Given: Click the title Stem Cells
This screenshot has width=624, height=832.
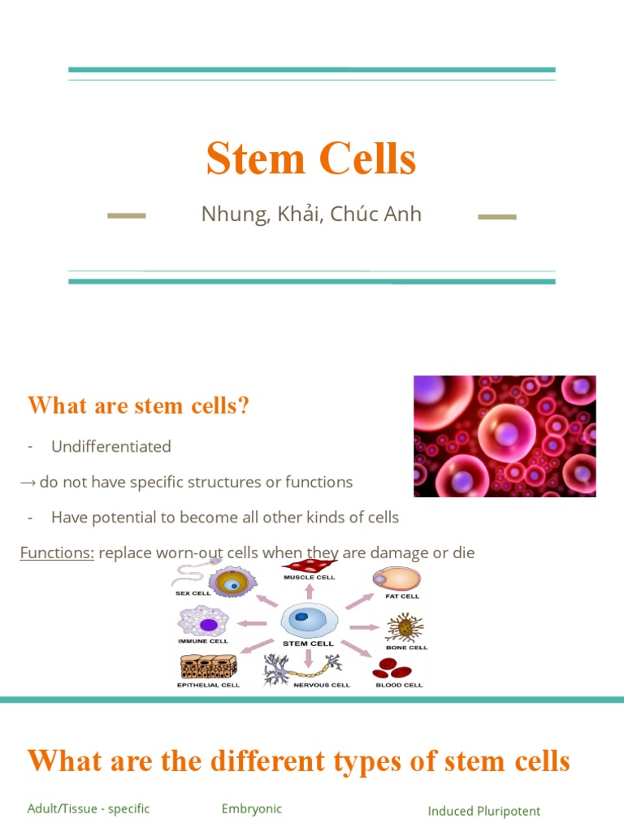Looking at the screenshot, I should coord(311,158).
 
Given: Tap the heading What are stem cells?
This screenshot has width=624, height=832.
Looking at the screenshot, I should coord(138,405).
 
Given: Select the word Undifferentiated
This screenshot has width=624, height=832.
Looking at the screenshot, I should coord(111,446).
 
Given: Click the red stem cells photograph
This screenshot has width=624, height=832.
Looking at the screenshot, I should coord(505,436).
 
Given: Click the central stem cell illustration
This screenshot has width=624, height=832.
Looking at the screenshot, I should coord(309,622).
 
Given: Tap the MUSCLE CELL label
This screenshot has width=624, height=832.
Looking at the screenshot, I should coord(309,578).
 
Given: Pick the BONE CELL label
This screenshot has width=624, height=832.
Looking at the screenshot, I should coord(406,648).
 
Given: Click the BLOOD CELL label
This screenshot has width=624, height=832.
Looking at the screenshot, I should coord(399,685).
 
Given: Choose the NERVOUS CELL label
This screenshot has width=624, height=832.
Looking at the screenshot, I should coord(322,685).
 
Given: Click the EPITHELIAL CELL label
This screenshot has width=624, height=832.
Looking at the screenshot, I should coord(208,685).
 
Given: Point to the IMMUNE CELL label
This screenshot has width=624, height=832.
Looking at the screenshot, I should coord(203,641).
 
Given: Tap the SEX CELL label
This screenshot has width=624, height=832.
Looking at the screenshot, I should coord(193,593).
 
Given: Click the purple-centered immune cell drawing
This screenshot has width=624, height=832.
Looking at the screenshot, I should coord(207,623).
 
